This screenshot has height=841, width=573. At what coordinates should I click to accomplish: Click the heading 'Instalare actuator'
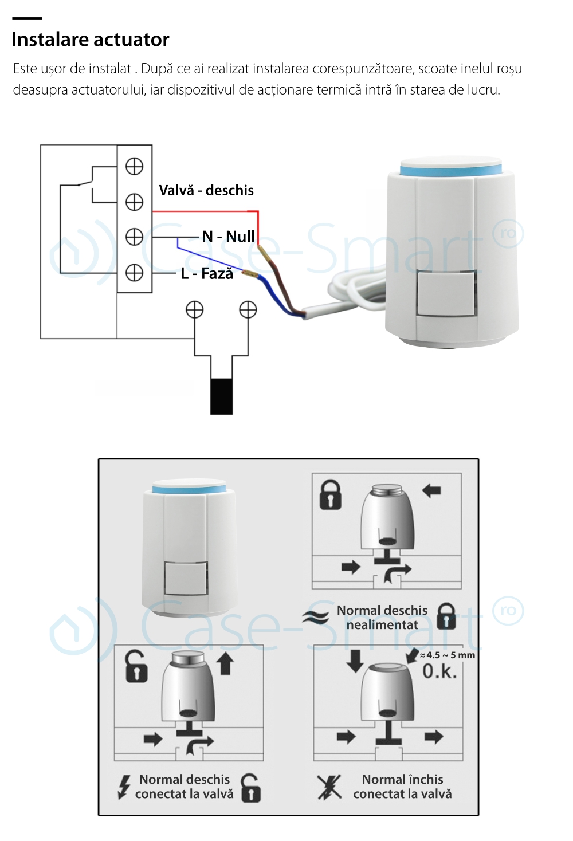91,40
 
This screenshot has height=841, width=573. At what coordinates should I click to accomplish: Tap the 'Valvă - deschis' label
206,190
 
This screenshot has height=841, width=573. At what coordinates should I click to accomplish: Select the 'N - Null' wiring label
229,237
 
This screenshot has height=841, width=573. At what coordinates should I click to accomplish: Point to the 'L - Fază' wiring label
207,274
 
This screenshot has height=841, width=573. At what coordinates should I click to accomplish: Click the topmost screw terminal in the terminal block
134,167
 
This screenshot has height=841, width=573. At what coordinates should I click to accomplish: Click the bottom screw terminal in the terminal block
134,273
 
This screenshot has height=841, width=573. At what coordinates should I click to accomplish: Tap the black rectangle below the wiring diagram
221,396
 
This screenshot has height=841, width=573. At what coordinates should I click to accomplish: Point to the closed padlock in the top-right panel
330,494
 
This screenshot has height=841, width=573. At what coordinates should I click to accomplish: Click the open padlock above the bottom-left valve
136,666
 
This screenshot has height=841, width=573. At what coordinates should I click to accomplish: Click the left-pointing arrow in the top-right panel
431,490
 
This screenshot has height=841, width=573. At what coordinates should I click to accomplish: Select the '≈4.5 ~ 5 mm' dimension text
448,655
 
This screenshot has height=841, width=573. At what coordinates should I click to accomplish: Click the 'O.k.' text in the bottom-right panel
439,671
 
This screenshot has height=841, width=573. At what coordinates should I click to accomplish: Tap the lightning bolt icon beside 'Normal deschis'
123,787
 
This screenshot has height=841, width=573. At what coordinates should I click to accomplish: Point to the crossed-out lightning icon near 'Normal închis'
329,787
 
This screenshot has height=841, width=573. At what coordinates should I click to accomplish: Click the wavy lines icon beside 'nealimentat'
316,617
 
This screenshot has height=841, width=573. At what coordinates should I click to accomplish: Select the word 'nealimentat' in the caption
382,625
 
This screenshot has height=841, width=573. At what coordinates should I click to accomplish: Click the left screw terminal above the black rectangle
195,310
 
